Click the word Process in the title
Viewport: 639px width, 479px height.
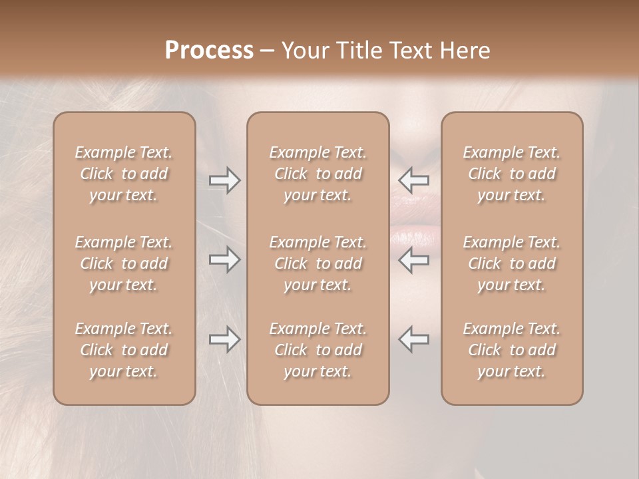point(209,51)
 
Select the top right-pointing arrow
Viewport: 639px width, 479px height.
point(225,180)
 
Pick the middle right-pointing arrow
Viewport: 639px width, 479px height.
point(225,259)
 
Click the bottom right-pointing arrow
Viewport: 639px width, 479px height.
point(225,339)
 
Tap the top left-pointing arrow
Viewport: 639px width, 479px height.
point(414,180)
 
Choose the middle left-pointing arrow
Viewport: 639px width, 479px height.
point(414,259)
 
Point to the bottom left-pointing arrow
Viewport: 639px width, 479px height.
point(414,339)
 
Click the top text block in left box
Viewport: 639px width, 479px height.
point(124,174)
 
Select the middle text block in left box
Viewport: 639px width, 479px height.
point(124,263)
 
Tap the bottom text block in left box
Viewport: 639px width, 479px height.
point(124,350)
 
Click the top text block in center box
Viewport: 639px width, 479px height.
point(318,174)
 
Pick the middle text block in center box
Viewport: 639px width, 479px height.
point(318,263)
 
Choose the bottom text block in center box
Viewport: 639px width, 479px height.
point(318,350)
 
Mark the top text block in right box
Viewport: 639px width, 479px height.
point(512,174)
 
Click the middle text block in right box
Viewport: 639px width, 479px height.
point(512,263)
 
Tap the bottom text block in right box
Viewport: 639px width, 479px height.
point(512,350)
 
